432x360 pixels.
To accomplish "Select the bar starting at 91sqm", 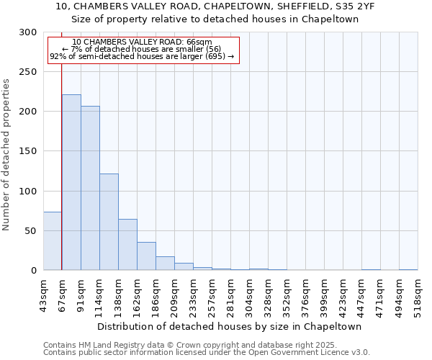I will click(90, 188).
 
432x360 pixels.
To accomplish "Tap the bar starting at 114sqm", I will click(109, 222).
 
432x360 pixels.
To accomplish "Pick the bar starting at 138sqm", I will click(127, 245).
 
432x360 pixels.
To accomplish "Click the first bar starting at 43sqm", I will click(53, 241).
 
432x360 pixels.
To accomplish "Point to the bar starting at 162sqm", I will click(146, 256).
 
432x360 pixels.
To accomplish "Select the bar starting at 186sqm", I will click(165, 264).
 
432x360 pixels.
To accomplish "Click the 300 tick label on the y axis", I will click(28, 32).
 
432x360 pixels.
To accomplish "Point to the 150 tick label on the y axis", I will click(28, 151).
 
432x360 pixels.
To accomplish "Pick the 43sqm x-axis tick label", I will click(43, 294).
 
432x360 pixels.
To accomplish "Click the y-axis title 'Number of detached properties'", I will click(6, 155).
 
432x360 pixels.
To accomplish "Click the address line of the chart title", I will click(215, 6).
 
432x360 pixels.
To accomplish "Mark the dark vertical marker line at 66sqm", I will click(61, 158).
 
